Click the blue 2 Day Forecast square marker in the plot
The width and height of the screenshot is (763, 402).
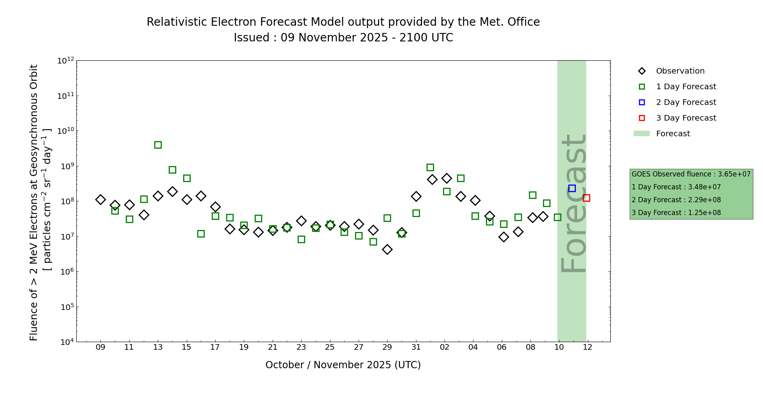572,188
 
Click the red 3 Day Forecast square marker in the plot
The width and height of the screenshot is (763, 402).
586,198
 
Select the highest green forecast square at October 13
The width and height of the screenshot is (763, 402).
158,145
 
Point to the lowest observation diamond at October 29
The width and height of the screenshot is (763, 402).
387,250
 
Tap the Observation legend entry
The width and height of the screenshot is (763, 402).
680,71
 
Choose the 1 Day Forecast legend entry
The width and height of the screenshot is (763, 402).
686,87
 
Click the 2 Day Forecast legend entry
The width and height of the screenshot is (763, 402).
686,103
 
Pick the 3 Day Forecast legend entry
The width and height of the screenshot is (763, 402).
686,118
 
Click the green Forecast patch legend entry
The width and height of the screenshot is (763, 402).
673,134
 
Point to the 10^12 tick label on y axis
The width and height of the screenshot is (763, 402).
66,61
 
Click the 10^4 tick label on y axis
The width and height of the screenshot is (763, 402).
66,342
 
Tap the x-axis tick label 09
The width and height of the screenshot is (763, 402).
100,347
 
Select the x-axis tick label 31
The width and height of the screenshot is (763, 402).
416,347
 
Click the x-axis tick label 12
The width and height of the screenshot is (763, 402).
588,347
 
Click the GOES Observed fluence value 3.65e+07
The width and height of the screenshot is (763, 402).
734,174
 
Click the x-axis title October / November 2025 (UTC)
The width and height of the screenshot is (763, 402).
343,365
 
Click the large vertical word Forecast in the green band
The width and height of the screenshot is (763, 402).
573,203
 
